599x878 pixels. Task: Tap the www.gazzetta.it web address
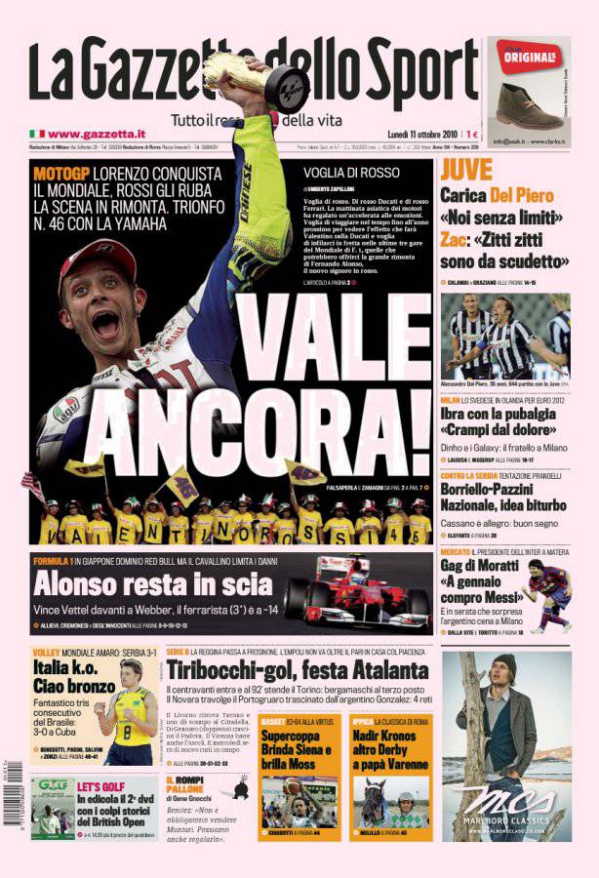tap(97, 133)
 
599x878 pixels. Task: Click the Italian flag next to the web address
tap(37, 133)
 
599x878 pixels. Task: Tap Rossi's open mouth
tap(104, 323)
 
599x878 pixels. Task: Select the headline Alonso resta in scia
tap(152, 584)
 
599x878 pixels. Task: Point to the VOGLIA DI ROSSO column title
tap(337, 172)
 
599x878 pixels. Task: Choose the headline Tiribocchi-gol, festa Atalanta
tap(297, 670)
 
